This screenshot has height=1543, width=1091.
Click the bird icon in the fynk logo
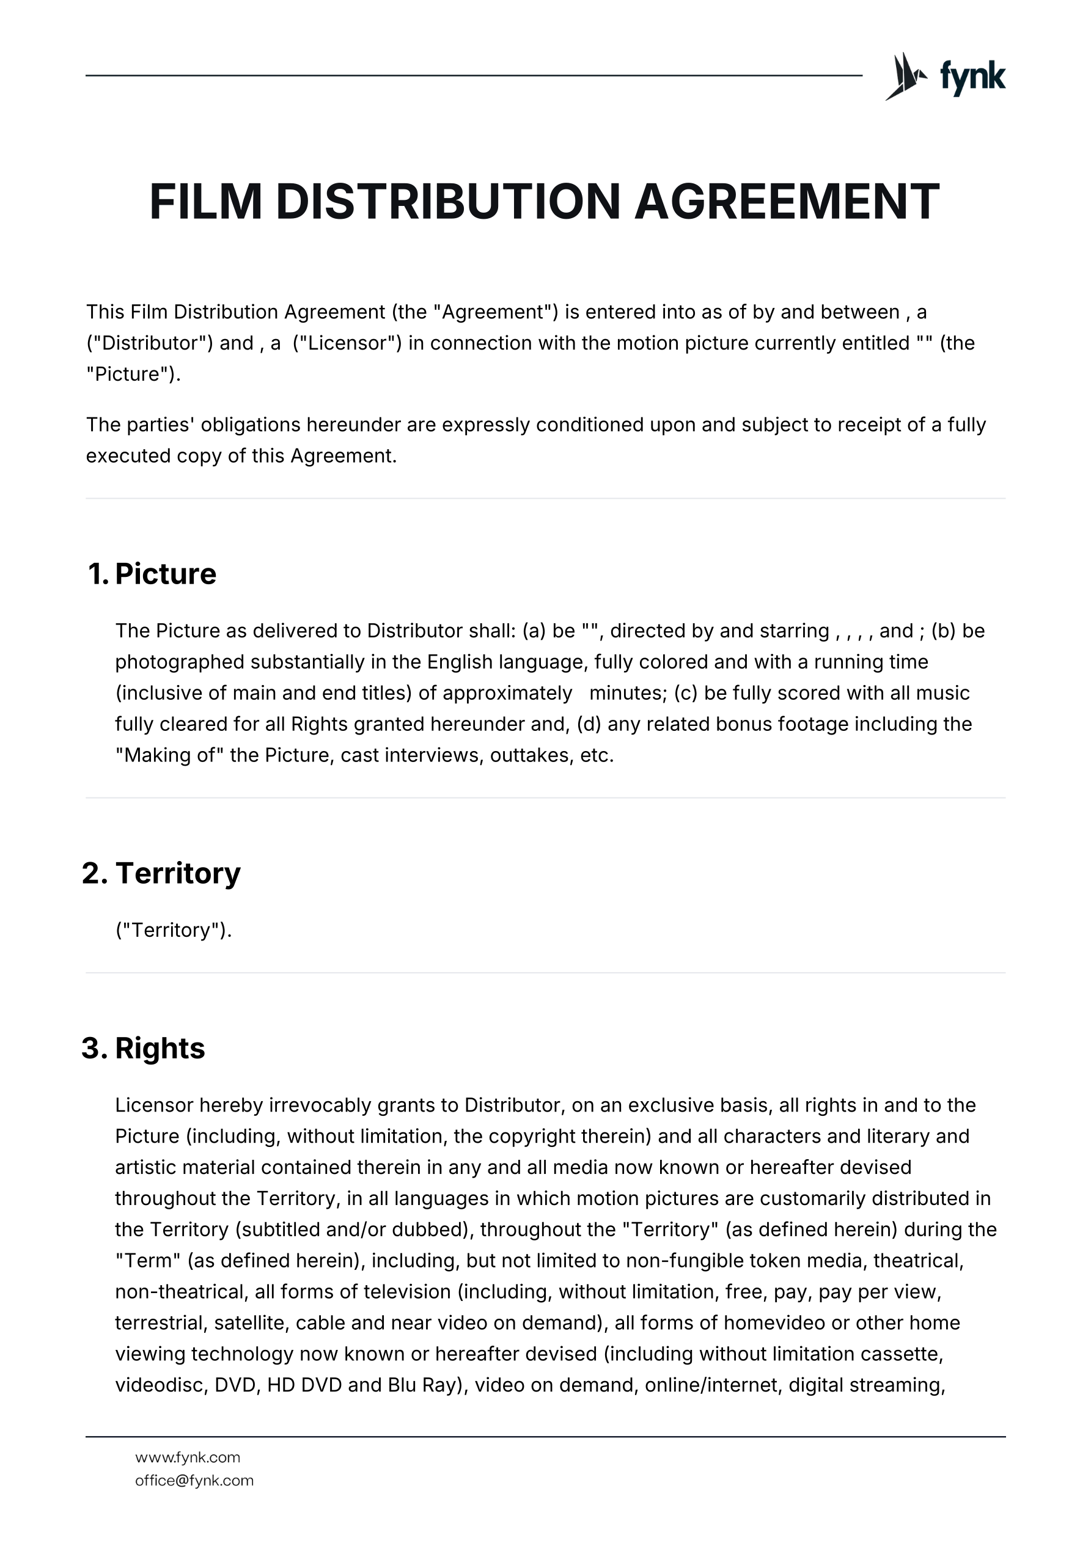[905, 76]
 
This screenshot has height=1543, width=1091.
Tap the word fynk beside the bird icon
[972, 77]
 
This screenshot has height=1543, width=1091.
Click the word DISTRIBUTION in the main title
[447, 202]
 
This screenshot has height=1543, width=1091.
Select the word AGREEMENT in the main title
[787, 202]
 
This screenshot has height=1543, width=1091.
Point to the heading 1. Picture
[153, 574]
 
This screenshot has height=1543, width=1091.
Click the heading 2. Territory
[161, 873]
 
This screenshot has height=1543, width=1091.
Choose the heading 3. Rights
[143, 1047]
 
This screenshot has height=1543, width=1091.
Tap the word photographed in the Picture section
[180, 662]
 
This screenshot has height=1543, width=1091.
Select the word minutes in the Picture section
[628, 693]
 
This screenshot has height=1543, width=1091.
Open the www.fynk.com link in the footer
[188, 1457]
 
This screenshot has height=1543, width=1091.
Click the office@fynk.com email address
[194, 1480]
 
